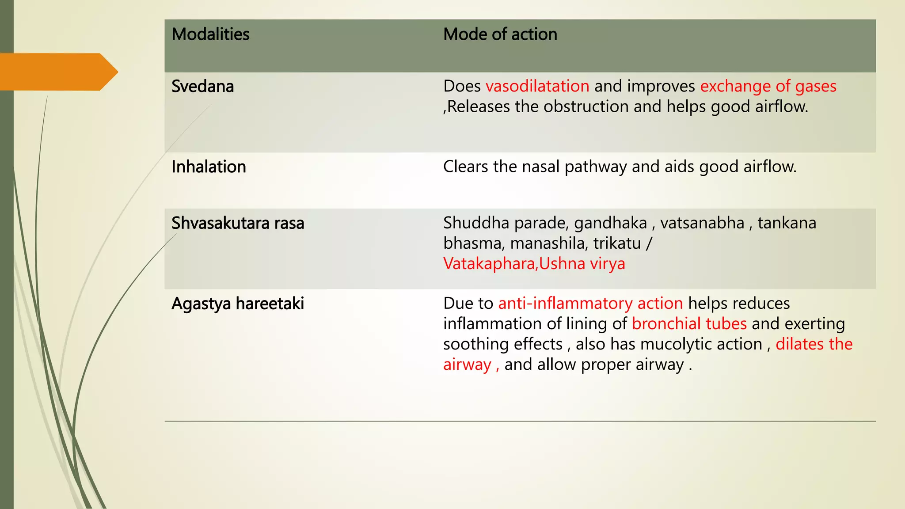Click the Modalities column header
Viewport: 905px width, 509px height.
tap(210, 34)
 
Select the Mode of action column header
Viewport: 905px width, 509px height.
tap(500, 34)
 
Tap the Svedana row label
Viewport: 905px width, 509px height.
tap(202, 87)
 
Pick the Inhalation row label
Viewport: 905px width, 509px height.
tap(209, 167)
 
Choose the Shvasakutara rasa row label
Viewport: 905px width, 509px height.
tap(238, 224)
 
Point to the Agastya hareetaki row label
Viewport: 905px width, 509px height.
tap(238, 304)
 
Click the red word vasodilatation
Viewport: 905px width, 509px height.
tap(537, 86)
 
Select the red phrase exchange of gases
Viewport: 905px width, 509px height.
tap(768, 86)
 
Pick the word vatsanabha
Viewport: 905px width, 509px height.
tap(702, 223)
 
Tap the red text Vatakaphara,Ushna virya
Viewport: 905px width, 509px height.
tap(534, 264)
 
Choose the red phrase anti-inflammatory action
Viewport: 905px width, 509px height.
tap(590, 304)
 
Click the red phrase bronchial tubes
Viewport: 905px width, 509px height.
tap(689, 324)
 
